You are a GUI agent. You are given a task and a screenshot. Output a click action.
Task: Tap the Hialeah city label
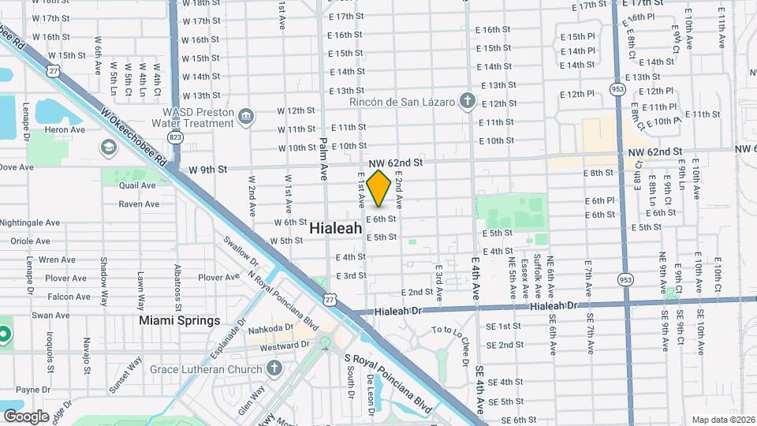pyautogui.click(x=336, y=228)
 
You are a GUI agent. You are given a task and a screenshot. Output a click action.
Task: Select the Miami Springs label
pyautogui.click(x=180, y=321)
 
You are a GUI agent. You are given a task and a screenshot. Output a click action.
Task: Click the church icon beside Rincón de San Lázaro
pyautogui.click(x=468, y=100)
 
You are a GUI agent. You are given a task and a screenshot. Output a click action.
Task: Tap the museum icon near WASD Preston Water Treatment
pyautogui.click(x=247, y=117)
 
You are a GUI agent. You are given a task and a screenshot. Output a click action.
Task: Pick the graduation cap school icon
pyautogui.click(x=107, y=148)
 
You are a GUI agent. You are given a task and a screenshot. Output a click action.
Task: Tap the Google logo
pyautogui.click(x=26, y=416)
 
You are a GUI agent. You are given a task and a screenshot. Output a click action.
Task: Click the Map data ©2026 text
pyautogui.click(x=723, y=420)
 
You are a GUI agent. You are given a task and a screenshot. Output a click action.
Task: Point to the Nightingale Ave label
pyautogui.click(x=31, y=223)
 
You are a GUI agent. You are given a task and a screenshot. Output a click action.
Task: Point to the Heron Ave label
pyautogui.click(x=65, y=130)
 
